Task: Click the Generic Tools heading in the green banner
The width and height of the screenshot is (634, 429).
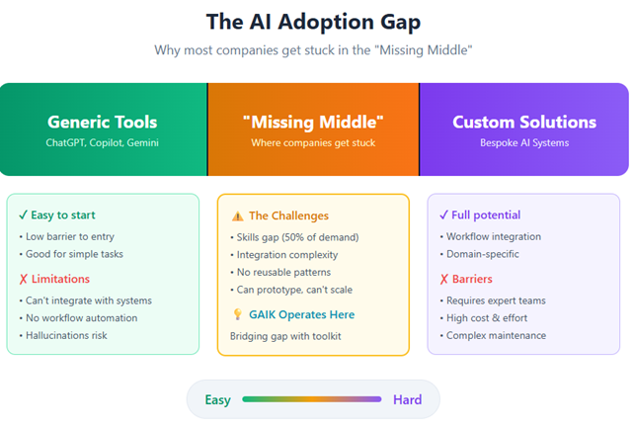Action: [x=102, y=123]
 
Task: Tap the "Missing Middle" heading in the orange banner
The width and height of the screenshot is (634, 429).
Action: [x=312, y=123]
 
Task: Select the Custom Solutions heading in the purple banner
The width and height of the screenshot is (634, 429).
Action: [x=523, y=123]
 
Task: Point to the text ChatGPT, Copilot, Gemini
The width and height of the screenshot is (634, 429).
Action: [x=102, y=144]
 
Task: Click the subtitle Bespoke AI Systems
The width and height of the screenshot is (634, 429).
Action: [x=523, y=144]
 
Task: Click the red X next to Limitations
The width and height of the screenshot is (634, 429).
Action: [x=24, y=279]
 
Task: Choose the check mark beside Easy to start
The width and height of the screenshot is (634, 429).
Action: [x=24, y=214]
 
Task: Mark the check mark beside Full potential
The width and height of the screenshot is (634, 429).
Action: [x=443, y=214]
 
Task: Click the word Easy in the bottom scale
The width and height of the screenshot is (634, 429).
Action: [x=218, y=400]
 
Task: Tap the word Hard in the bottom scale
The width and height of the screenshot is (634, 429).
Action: [x=407, y=400]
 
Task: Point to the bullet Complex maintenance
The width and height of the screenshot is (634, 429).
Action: [x=496, y=336]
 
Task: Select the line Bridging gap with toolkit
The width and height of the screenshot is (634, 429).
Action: [x=284, y=336]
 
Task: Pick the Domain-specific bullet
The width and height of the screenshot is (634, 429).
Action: [x=484, y=254]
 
